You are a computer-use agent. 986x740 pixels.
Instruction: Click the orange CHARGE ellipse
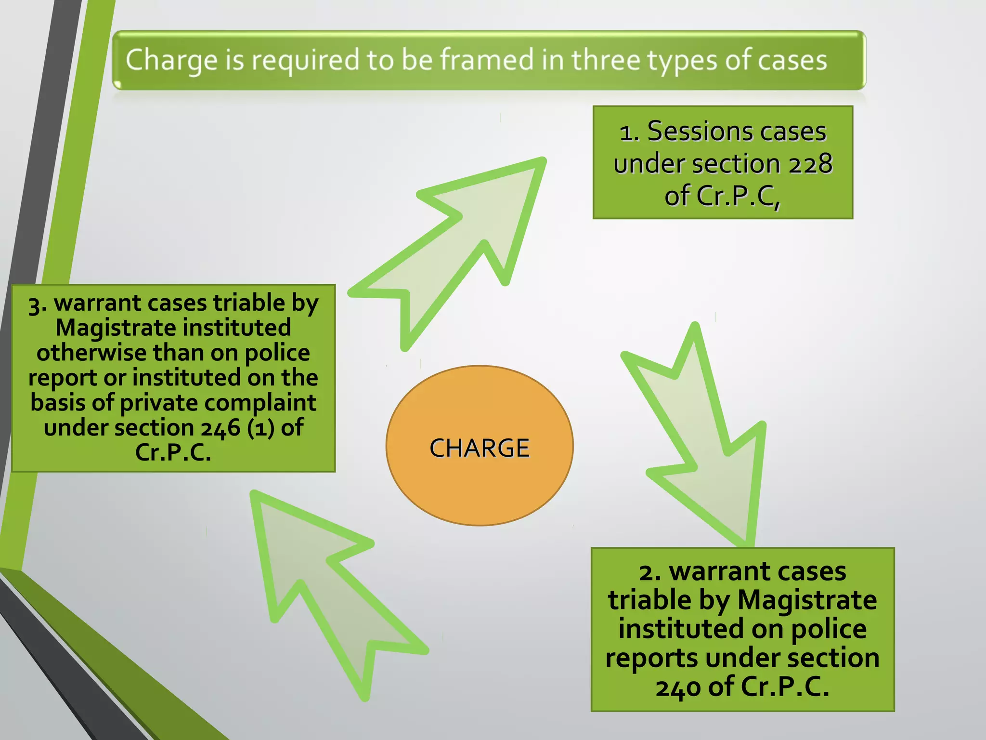click(x=480, y=446)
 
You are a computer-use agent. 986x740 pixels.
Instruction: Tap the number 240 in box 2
click(x=678, y=687)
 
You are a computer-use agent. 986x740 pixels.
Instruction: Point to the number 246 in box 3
click(x=221, y=428)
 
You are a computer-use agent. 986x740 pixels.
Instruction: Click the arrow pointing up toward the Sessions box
click(x=462, y=241)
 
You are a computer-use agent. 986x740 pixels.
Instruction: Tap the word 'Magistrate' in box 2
click(x=807, y=600)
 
